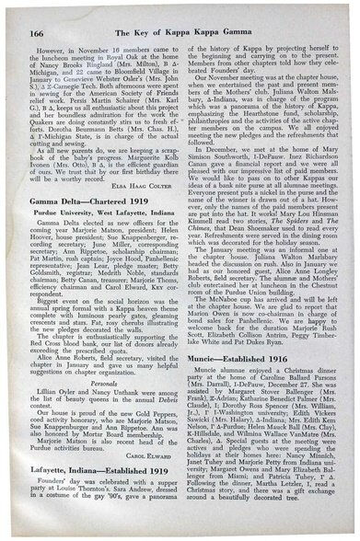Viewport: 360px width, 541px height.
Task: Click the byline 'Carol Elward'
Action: [151, 479]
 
